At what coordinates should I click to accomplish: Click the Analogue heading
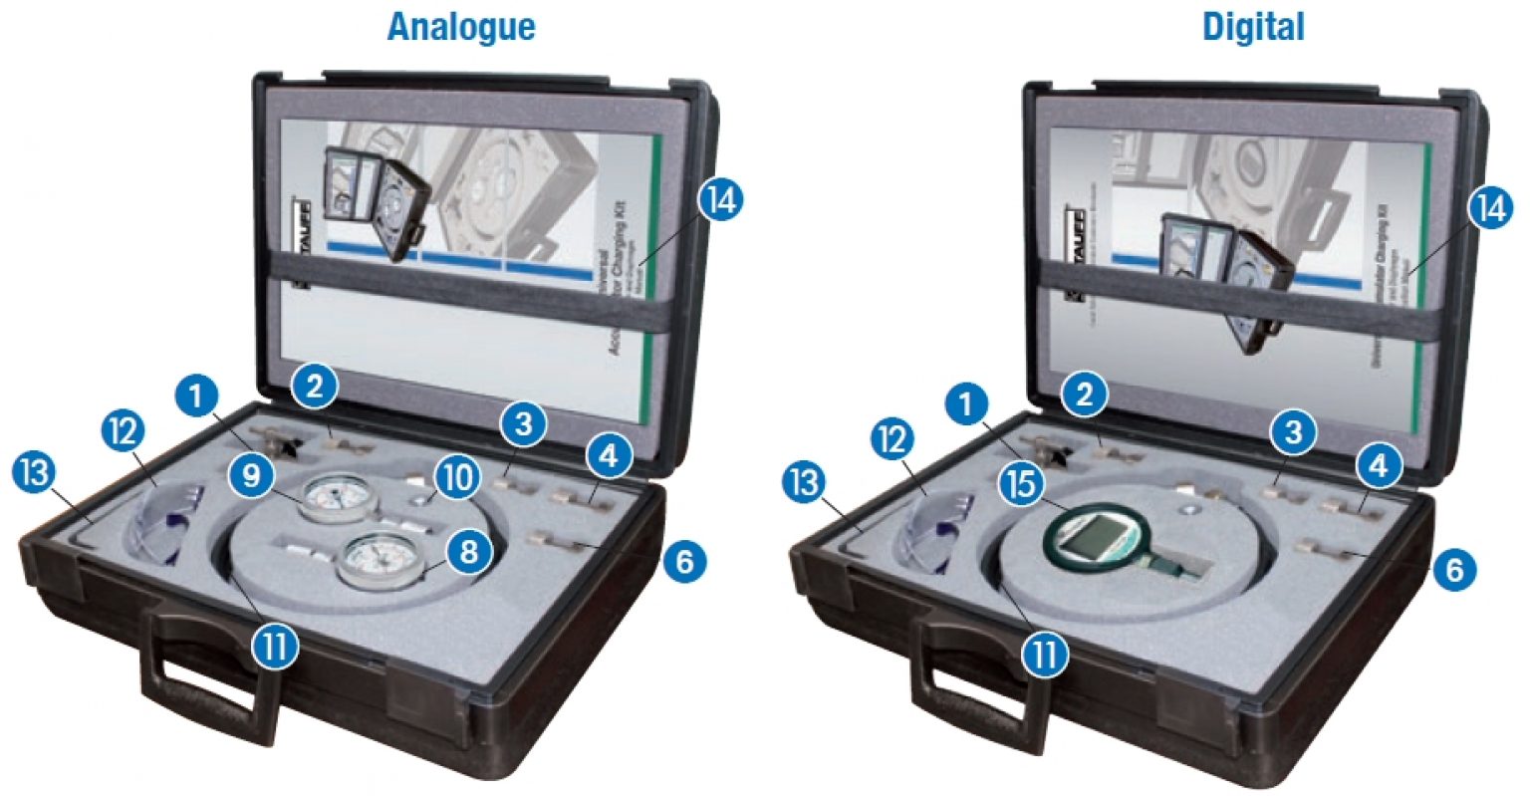(461, 26)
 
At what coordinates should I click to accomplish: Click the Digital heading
(1253, 26)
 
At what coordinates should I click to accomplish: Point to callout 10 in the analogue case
(456, 477)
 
